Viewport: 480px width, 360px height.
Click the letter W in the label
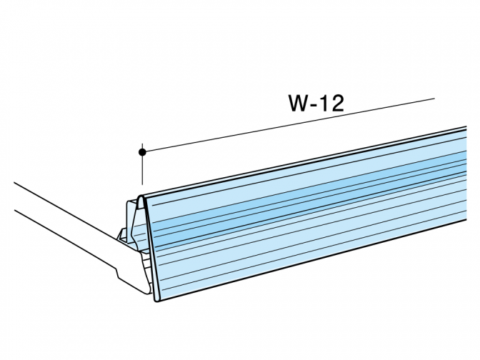[299, 103]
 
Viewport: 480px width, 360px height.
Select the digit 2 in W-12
[337, 103]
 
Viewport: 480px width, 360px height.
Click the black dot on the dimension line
[142, 152]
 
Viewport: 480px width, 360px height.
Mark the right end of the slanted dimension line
[434, 99]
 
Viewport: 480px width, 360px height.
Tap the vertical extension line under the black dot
[142, 169]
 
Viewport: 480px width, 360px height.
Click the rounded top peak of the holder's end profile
[141, 196]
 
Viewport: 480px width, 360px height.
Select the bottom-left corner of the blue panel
[157, 301]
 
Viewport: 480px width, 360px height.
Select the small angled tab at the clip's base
[121, 235]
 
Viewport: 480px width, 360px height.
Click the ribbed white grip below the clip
[147, 270]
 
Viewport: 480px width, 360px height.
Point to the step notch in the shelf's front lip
[118, 272]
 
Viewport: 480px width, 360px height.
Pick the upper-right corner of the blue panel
[466, 126]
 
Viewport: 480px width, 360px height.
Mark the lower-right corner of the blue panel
[466, 220]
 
